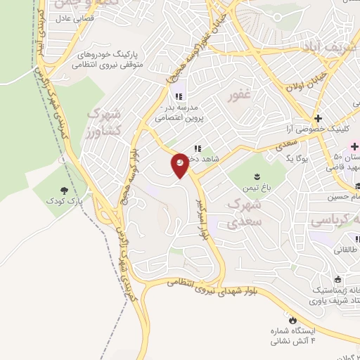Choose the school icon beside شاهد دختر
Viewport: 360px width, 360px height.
(198, 148)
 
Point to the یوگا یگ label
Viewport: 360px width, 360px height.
(299, 159)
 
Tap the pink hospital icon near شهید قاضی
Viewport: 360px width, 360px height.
(355, 146)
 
